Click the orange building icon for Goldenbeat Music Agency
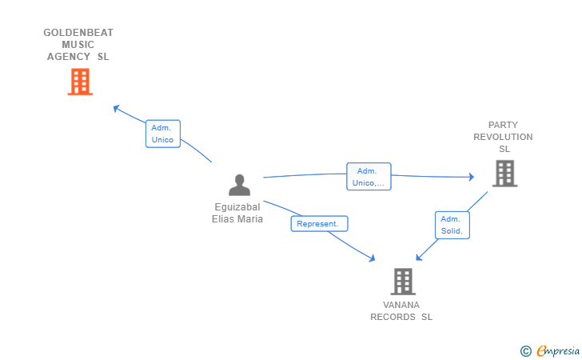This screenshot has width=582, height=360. [x=80, y=82]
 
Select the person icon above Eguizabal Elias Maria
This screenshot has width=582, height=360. [x=239, y=185]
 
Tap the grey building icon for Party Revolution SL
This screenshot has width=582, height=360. [x=504, y=174]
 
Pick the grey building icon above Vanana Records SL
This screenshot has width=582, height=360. [x=403, y=282]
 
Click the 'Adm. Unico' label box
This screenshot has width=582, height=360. [x=163, y=134]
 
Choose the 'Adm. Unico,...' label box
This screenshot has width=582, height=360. [x=369, y=177]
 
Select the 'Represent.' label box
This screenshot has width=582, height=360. [x=319, y=224]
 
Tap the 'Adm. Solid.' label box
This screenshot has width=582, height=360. [x=452, y=225]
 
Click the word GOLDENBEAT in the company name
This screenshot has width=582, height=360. [x=78, y=33]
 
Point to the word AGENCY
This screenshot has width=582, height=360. [x=68, y=57]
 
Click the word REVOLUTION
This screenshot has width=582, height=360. [x=503, y=137]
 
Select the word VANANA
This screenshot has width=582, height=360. [x=401, y=305]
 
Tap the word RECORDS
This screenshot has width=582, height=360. [x=393, y=317]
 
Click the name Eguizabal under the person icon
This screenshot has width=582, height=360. [x=237, y=207]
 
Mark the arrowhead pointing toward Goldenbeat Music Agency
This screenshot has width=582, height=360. [x=116, y=108]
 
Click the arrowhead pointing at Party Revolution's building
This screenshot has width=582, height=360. [x=472, y=177]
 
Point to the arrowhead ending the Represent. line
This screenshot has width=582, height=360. [x=372, y=258]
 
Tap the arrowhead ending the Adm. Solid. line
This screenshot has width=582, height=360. [x=419, y=257]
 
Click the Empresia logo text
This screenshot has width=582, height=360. [x=558, y=350]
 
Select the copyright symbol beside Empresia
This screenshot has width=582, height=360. [x=526, y=351]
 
